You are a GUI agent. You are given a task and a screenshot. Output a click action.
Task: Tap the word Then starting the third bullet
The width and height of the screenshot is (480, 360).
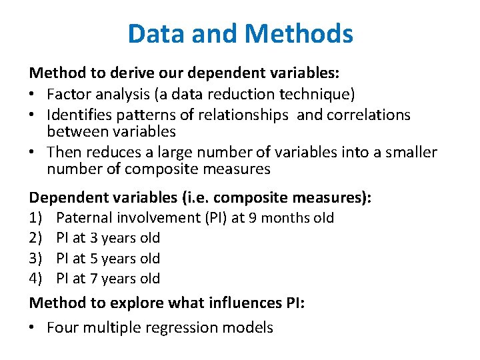pos(64,153)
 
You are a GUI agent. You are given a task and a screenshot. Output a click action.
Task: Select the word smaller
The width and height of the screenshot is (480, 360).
pos(410,153)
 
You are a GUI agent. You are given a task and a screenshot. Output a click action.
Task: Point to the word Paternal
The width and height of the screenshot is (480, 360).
pos(84,218)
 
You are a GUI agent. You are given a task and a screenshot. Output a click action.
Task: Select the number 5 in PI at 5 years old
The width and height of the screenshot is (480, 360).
pos(94,258)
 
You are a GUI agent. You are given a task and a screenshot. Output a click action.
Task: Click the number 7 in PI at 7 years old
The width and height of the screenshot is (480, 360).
pos(94,278)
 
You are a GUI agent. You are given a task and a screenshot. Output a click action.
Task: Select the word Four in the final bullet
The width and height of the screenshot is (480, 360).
pos(62,327)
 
